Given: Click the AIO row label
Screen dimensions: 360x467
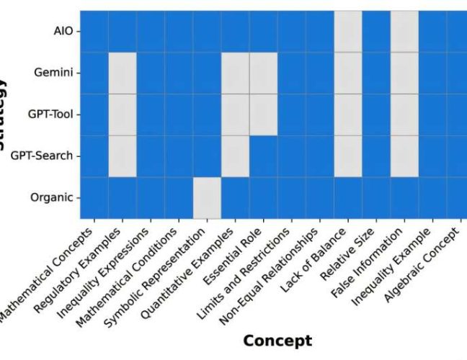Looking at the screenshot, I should (x=63, y=32).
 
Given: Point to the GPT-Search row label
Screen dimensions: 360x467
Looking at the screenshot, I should (x=45, y=156).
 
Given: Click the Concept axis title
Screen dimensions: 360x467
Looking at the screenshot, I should (x=277, y=341).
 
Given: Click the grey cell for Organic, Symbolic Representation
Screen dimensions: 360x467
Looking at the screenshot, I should (x=207, y=197).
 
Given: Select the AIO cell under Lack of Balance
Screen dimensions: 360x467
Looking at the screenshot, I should (x=348, y=32).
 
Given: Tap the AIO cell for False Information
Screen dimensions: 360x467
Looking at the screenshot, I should (x=404, y=32).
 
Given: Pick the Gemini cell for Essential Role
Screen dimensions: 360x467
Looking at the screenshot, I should (x=263, y=73).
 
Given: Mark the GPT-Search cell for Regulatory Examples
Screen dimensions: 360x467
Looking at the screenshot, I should (x=123, y=156).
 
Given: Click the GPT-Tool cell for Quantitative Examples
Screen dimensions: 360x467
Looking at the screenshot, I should (x=235, y=114).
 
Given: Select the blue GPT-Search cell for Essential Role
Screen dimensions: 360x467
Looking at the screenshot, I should (x=263, y=156).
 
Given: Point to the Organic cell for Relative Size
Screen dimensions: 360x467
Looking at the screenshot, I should (x=376, y=197).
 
